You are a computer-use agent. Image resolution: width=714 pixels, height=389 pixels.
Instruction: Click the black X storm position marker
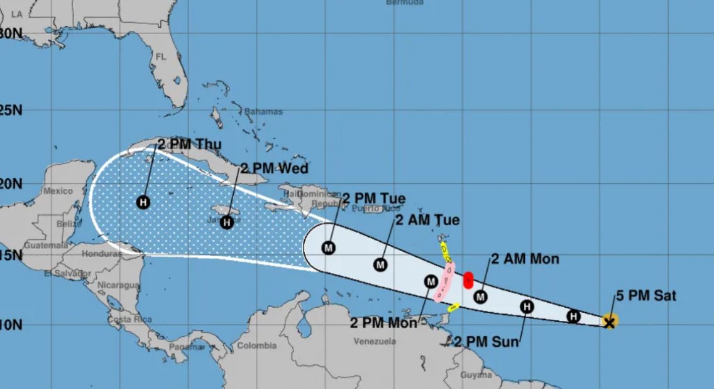pyautogui.click(x=609, y=322)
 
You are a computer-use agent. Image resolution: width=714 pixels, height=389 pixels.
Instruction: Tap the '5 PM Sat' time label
pyautogui.click(x=645, y=295)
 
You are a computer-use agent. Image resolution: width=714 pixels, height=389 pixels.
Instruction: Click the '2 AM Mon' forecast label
pyautogui.click(x=525, y=259)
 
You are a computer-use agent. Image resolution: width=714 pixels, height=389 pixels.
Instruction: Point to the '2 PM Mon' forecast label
pyautogui.click(x=383, y=323)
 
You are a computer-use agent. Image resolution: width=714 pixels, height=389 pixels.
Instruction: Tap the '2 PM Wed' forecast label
pyautogui.click(x=274, y=168)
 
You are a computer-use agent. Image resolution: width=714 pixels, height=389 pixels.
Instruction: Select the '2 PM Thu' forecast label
pyautogui.click(x=189, y=145)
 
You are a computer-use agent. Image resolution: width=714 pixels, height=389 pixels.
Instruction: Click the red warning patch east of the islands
pyautogui.click(x=468, y=280)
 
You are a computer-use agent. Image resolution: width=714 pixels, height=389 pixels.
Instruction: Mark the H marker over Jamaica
pyautogui.click(x=227, y=222)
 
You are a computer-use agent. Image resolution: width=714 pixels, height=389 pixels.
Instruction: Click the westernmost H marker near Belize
pyautogui.click(x=143, y=202)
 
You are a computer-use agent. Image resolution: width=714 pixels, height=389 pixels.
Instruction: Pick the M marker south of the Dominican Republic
pyautogui.click(x=328, y=247)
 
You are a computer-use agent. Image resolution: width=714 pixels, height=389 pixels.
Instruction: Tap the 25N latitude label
pyautogui.click(x=11, y=111)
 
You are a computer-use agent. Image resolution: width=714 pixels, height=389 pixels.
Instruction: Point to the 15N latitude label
pyautogui.click(x=11, y=256)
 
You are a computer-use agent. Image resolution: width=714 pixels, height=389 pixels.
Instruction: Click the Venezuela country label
pyautogui.click(x=375, y=342)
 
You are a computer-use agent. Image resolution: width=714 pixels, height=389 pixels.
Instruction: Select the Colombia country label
pyautogui.click(x=257, y=346)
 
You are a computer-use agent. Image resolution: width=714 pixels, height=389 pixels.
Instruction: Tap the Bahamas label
pyautogui.click(x=263, y=111)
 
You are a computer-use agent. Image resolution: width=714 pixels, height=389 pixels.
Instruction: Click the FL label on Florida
pyautogui.click(x=160, y=57)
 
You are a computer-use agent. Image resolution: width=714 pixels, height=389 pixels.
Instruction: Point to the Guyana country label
pyautogui.click(x=476, y=375)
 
